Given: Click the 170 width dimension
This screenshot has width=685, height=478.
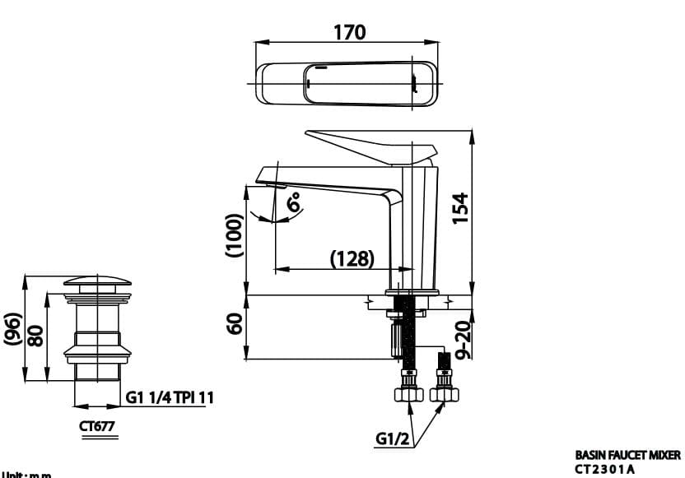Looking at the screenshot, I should (x=349, y=32).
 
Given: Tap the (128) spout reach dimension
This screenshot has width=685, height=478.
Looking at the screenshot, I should (x=352, y=258).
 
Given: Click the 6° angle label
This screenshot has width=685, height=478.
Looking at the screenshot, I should (x=294, y=202).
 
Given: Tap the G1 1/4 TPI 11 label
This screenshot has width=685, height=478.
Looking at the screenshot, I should (x=170, y=397).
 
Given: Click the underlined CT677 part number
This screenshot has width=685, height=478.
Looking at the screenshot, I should (x=96, y=427).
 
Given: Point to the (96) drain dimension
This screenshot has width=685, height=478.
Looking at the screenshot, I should (x=12, y=330).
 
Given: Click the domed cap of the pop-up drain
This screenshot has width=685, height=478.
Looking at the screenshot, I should (x=98, y=283).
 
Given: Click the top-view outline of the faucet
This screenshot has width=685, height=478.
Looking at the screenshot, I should (x=349, y=84).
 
